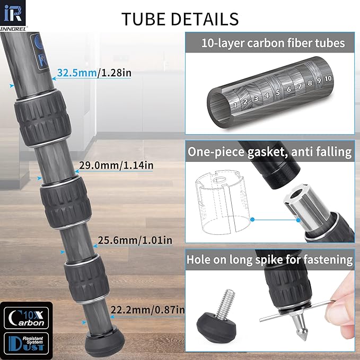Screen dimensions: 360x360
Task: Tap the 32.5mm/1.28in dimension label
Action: click(x=94, y=73)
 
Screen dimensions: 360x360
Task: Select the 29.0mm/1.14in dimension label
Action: click(x=116, y=165)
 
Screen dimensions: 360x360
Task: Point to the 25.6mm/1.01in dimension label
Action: click(x=135, y=240)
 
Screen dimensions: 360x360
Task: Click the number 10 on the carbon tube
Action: click(x=328, y=78)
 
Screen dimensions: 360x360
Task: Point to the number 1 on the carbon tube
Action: click(x=234, y=104)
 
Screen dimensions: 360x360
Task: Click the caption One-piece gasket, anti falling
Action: click(x=270, y=152)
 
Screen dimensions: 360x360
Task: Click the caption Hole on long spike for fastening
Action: click(x=270, y=259)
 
